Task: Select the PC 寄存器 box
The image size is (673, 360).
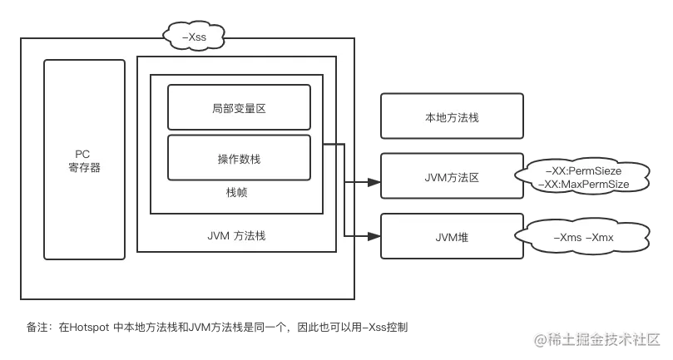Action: point(84,159)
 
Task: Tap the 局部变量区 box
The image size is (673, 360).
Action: point(239,108)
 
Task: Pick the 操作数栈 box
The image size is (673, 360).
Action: point(239,157)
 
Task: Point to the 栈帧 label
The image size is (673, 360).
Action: point(237,193)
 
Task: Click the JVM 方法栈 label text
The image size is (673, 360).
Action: point(236,235)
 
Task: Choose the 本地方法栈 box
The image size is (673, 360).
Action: point(452,116)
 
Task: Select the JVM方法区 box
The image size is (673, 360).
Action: point(452,177)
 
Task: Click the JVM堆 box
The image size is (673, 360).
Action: point(452,237)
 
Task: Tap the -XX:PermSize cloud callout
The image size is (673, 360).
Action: point(583,176)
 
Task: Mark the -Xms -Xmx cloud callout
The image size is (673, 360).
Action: point(583,237)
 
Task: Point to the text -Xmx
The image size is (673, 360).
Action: point(600,237)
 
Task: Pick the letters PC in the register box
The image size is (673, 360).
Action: point(83,154)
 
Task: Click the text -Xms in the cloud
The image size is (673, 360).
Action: point(567,237)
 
